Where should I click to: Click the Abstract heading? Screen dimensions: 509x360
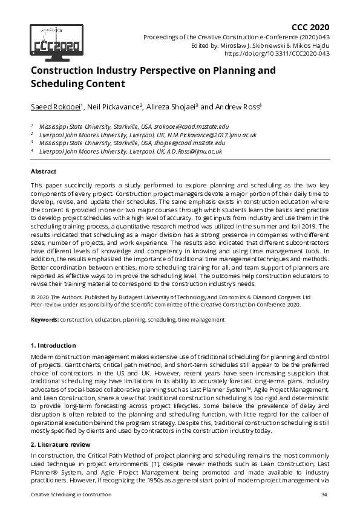44,172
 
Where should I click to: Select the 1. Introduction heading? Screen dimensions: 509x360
53,345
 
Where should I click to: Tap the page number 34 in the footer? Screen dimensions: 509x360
324,495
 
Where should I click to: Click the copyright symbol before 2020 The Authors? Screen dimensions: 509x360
33,297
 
